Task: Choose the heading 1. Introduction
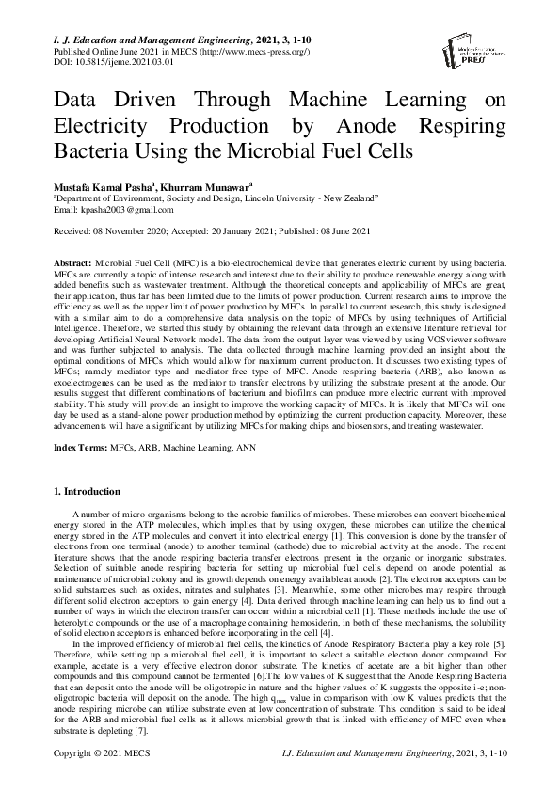tap(86, 492)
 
